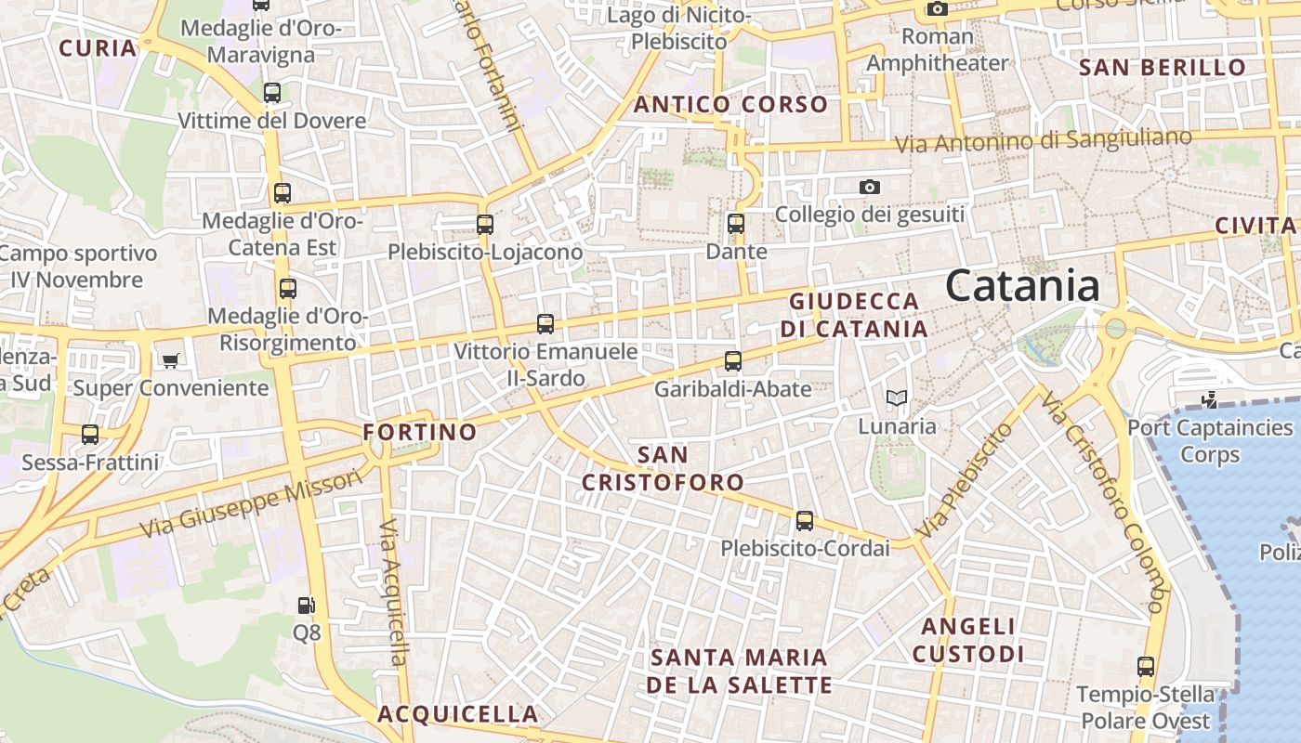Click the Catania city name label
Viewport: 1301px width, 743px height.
(x=1022, y=285)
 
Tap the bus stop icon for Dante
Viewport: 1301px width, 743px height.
(x=736, y=224)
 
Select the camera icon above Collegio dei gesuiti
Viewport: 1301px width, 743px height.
(x=870, y=187)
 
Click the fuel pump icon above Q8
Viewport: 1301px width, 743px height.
(x=306, y=606)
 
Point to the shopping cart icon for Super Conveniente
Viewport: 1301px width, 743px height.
(x=170, y=360)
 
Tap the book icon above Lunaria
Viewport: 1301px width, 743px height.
(x=896, y=398)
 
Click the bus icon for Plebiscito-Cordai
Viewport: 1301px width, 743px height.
(x=805, y=521)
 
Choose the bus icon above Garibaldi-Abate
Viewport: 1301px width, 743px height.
(x=733, y=361)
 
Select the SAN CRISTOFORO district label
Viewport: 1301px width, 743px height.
(x=664, y=468)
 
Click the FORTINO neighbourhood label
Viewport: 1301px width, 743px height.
(x=419, y=432)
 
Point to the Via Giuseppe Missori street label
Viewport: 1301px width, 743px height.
(x=251, y=503)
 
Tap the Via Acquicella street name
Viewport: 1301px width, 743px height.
(x=394, y=592)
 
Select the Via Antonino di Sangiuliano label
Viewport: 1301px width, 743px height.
(x=1043, y=141)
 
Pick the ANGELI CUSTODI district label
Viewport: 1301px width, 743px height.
(x=968, y=640)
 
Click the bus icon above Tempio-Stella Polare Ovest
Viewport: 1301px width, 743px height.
(x=1146, y=667)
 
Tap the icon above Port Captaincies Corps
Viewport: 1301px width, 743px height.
(x=1210, y=400)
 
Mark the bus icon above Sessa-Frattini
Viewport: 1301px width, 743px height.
(x=90, y=434)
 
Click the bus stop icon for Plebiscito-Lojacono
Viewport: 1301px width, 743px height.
(x=485, y=224)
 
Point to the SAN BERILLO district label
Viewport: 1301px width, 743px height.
(x=1163, y=67)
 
